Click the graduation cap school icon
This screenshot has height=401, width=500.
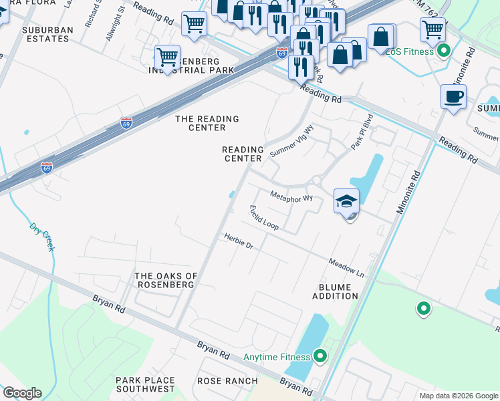346,202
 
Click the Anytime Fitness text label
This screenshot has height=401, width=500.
277,356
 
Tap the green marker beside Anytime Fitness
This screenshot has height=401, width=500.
320,356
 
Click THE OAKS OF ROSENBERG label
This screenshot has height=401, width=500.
166,280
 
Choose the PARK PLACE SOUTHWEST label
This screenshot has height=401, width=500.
145,385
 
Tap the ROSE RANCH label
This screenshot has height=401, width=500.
227,381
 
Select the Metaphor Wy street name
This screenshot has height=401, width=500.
291,197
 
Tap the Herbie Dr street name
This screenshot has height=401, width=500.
239,241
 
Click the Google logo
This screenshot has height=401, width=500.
22,393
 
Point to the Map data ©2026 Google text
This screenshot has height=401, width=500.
459,396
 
